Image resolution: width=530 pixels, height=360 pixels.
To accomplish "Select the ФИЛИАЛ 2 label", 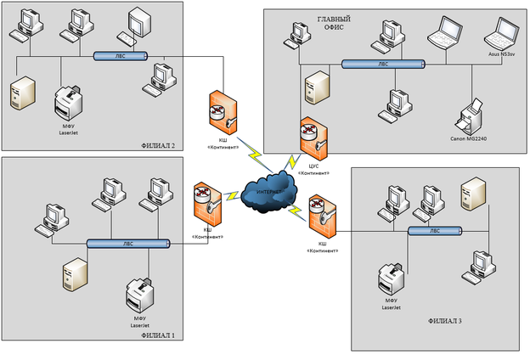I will coord(159,146).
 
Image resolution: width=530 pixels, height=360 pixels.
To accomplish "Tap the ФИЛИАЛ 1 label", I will coord(158,336).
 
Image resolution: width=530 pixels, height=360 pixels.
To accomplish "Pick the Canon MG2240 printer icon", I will coord(471,112).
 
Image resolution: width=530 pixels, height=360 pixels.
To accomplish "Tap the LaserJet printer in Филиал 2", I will coord(67,104).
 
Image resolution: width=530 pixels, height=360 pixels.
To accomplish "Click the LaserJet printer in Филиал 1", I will coord(139,295).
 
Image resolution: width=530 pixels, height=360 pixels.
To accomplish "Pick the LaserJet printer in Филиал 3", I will coord(392,279).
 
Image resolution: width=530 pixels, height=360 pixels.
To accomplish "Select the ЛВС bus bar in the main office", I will coord(382,64).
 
